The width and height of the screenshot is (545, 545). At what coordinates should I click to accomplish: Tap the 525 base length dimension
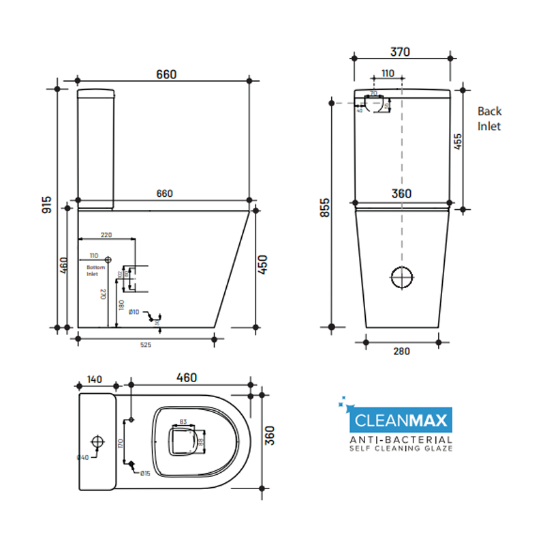[x=145, y=345]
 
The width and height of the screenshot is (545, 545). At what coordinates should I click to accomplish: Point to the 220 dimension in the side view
[x=106, y=234]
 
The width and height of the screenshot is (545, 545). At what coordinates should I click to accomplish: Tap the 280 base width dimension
[x=401, y=351]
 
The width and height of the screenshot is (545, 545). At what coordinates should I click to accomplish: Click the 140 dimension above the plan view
[x=95, y=378]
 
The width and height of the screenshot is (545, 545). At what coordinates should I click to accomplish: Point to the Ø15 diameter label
[x=145, y=473]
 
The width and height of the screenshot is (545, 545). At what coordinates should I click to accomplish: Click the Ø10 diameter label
[x=134, y=312]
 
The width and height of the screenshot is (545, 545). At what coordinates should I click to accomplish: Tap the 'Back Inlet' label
[x=489, y=119]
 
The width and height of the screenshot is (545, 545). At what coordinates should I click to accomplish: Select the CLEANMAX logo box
[x=399, y=418]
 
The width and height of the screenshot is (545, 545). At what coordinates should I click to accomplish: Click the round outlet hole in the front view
[x=402, y=277]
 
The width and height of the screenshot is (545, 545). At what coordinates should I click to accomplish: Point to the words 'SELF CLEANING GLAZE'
[x=401, y=449]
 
